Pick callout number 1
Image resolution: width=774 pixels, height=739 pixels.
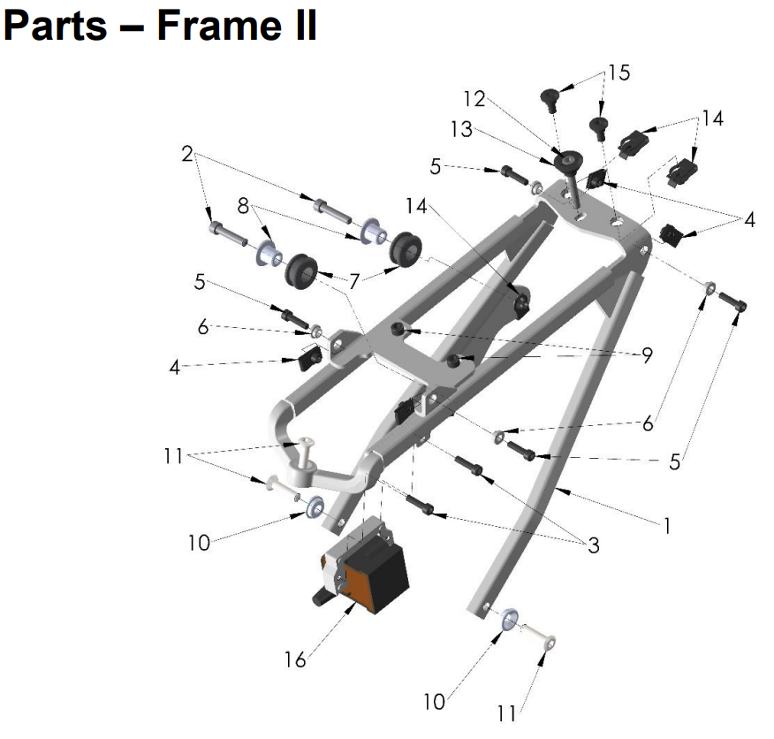tap(667, 526)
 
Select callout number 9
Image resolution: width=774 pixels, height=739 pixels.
tap(648, 355)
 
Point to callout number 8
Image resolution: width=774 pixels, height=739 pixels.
tap(243, 205)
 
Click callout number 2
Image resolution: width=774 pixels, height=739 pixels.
tap(186, 154)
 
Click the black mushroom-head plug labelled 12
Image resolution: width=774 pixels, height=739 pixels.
tap(564, 163)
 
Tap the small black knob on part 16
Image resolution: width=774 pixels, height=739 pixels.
tap(315, 598)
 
